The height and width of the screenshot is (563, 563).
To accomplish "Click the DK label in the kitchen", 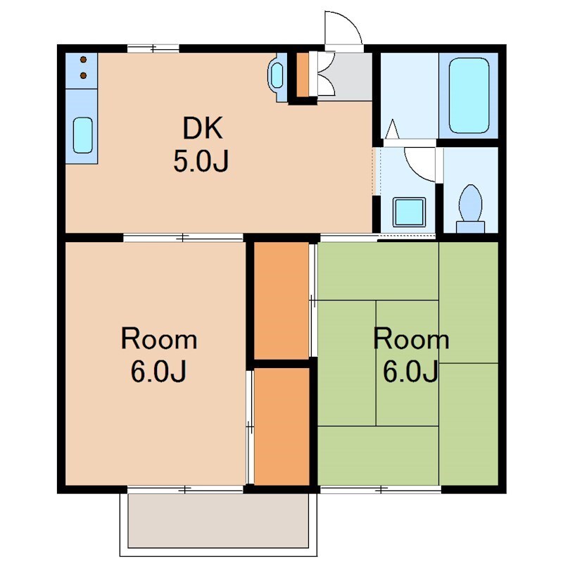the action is pyautogui.click(x=203, y=128).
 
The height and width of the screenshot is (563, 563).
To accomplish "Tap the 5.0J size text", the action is pyautogui.click(x=201, y=161).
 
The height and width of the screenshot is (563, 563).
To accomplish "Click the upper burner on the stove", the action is pyautogui.click(x=83, y=59).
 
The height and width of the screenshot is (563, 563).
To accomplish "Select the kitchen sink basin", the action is pyautogui.click(x=83, y=135).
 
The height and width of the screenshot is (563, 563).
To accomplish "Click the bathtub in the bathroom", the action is pyautogui.click(x=469, y=96).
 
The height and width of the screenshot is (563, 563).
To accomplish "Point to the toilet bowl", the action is pyautogui.click(x=470, y=203).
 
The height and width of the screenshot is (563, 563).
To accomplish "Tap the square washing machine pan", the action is pyautogui.click(x=410, y=213).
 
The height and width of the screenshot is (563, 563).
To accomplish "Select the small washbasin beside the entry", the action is pyautogui.click(x=277, y=76).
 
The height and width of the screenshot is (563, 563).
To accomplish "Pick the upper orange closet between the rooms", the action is pyautogui.click(x=281, y=300).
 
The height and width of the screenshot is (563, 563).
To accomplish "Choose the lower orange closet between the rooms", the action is pyautogui.click(x=281, y=426).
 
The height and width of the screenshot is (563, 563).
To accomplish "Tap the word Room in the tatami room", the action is pyautogui.click(x=411, y=339).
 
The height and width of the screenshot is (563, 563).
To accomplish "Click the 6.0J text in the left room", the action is pyautogui.click(x=158, y=371).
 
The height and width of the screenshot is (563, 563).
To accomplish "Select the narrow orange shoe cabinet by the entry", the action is pyautogui.click(x=303, y=75).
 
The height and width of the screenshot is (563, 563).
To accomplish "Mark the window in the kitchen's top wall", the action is pyautogui.click(x=153, y=48).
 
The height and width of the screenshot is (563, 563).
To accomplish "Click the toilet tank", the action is pyautogui.click(x=470, y=227).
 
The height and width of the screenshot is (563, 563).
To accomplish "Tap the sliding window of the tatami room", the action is pyautogui.click(x=381, y=489).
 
